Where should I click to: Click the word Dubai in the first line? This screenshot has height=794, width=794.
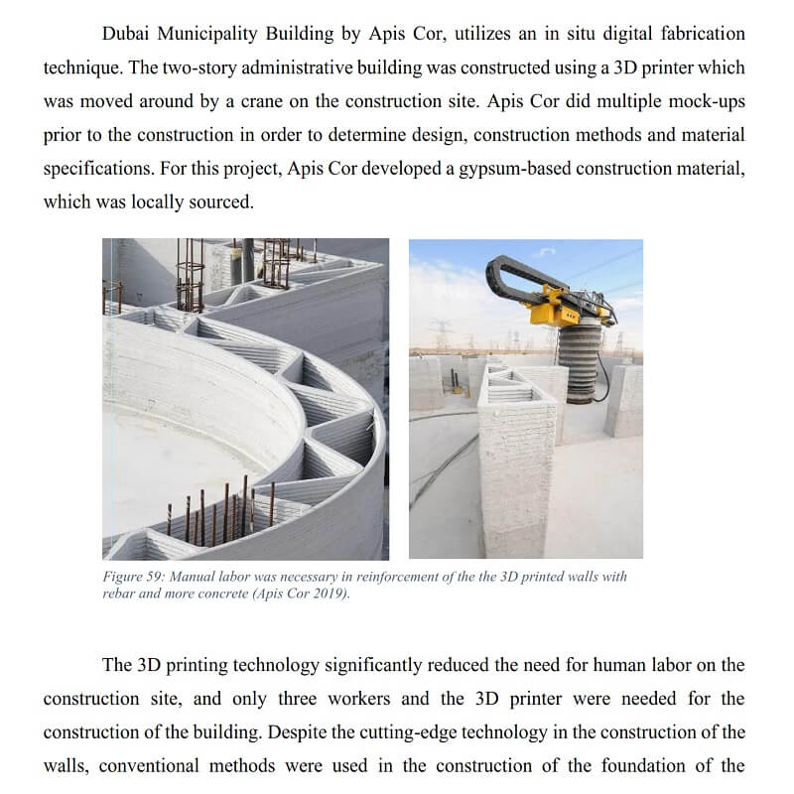[128, 33]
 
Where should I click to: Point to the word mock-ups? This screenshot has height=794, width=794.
[702, 101]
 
